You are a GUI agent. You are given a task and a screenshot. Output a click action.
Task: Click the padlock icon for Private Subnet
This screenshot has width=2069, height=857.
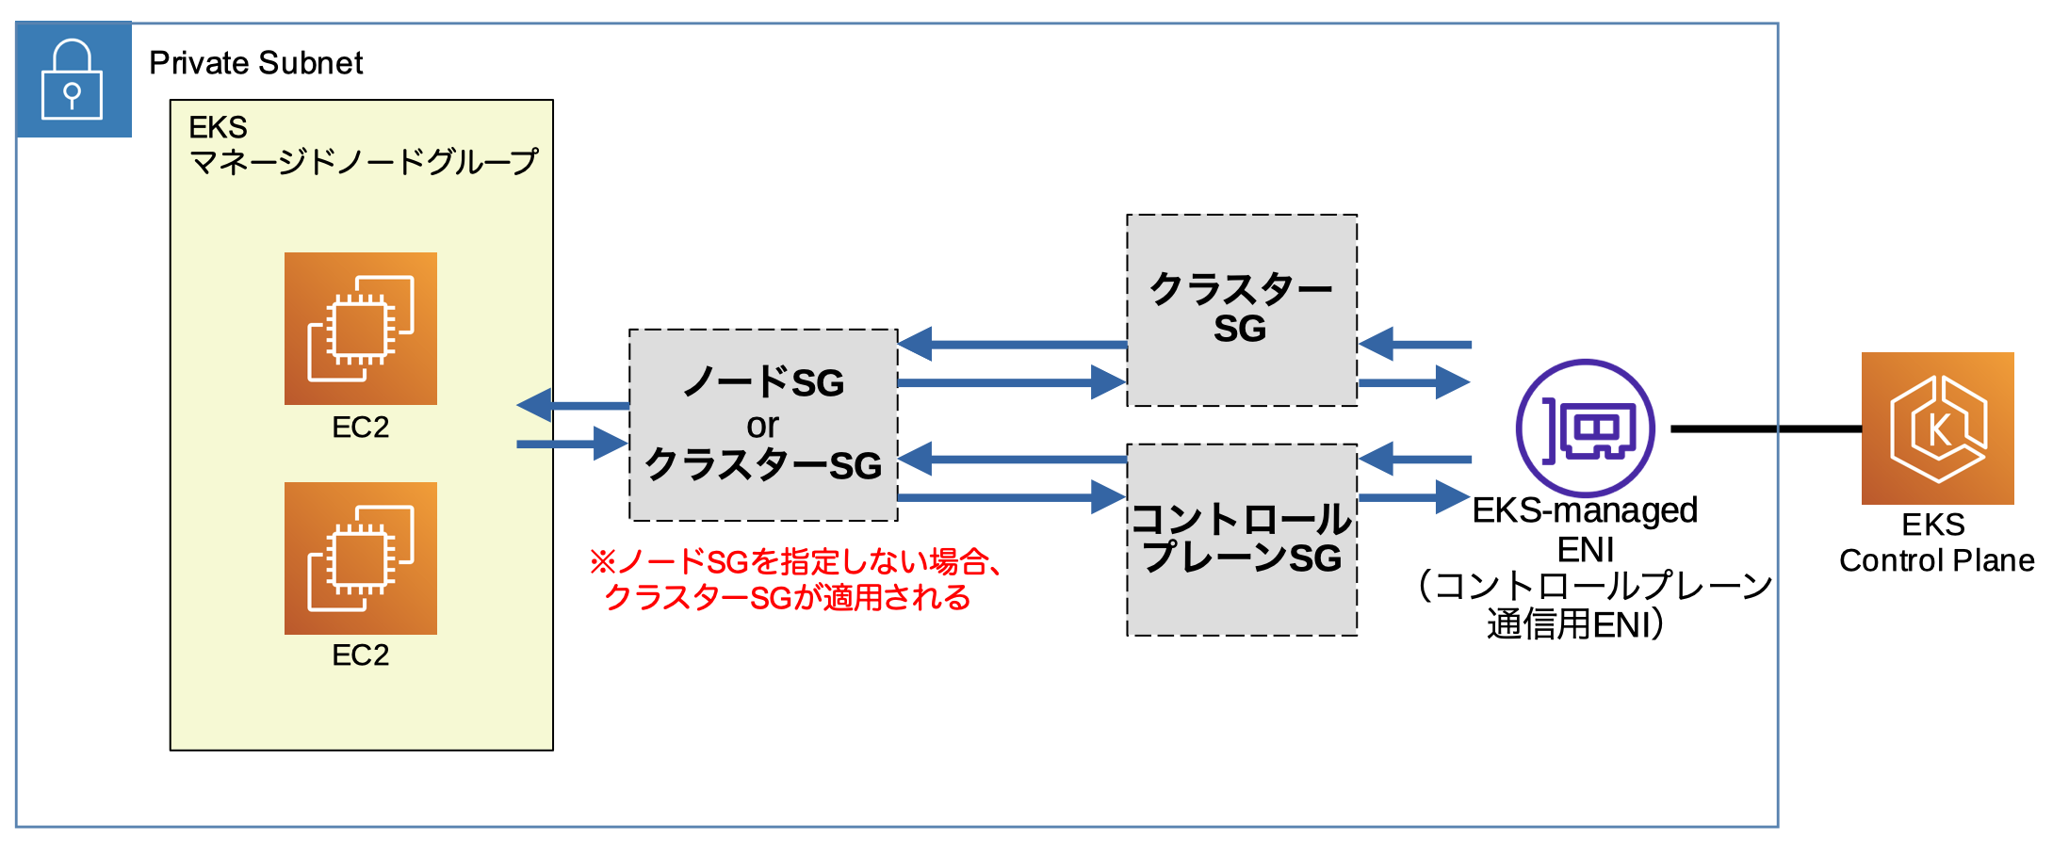(72, 80)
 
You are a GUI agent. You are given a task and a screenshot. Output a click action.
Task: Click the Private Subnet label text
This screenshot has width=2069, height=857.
(255, 63)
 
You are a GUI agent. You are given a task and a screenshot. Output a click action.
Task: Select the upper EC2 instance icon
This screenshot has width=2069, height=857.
(361, 328)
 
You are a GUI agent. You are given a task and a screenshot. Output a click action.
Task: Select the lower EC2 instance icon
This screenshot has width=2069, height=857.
(361, 558)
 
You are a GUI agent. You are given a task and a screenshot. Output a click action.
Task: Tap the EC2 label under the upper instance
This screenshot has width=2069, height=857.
(361, 428)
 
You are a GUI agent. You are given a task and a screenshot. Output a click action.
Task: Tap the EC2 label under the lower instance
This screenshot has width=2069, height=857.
(361, 655)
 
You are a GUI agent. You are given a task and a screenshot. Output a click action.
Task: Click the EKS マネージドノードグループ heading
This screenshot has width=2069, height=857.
(362, 146)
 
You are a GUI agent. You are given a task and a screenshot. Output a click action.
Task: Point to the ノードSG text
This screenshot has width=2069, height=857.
(763, 382)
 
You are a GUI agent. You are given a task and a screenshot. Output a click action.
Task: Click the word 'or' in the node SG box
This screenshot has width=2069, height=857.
(762, 426)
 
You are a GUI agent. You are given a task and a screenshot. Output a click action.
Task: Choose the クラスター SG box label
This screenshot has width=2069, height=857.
(1241, 309)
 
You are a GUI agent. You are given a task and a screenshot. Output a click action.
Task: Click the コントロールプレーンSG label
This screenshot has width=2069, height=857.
(1241, 539)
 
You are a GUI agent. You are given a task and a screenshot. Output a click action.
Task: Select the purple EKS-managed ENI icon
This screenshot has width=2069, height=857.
(1585, 428)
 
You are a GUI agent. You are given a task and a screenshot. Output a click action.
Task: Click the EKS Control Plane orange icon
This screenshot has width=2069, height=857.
(1937, 428)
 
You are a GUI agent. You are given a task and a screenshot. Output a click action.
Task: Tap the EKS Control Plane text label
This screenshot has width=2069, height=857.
(1936, 542)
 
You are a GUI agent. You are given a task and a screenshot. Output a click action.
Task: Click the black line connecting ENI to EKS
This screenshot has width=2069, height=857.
(1766, 428)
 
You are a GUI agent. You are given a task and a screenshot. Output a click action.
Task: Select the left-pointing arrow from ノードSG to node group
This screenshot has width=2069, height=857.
(573, 405)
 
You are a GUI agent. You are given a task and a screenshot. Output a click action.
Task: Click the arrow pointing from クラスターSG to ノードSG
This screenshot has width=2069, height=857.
(1012, 345)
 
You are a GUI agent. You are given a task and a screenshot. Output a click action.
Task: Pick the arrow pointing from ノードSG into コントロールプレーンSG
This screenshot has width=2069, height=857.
(1012, 496)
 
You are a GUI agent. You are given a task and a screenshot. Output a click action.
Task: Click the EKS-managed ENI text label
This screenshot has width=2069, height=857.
(1585, 529)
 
